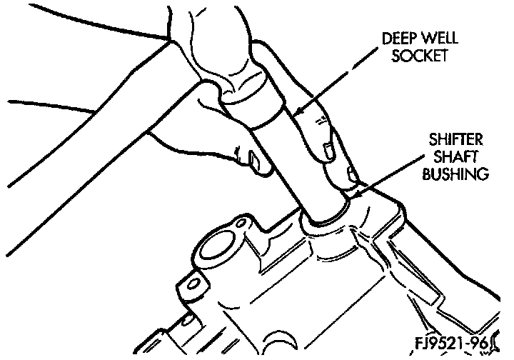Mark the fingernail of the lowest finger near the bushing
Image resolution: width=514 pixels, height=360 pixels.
click(352, 174)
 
